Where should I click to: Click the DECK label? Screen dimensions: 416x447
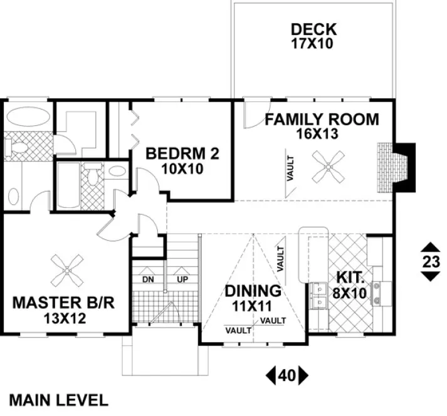tap(313, 29)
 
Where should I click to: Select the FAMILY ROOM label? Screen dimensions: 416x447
tap(321, 119)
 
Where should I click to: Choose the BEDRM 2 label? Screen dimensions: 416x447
tap(182, 154)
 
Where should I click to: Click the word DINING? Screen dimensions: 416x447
tap(253, 291)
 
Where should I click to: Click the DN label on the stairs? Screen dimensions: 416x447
tap(148, 278)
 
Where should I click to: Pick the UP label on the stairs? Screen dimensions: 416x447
tap(182, 278)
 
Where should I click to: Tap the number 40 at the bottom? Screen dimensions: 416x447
tap(287, 376)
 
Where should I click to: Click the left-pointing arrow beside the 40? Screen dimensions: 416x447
tap(271, 376)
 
